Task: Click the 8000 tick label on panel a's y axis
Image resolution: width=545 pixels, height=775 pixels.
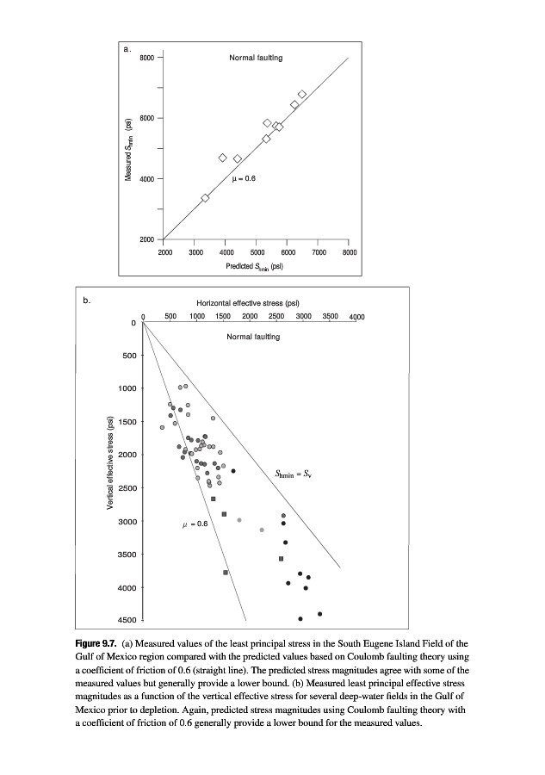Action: pyautogui.click(x=146, y=57)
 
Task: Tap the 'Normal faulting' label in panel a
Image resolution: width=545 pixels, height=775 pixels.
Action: pyautogui.click(x=256, y=58)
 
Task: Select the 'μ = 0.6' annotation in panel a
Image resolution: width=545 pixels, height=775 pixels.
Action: pyautogui.click(x=244, y=178)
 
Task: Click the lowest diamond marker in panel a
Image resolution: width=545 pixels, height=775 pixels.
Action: pyautogui.click(x=205, y=198)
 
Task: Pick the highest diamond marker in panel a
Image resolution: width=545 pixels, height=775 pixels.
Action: pyautogui.click(x=302, y=95)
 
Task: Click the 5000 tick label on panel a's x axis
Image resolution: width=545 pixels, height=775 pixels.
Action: pyautogui.click(x=257, y=253)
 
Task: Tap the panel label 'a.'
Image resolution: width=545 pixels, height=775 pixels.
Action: pyautogui.click(x=127, y=50)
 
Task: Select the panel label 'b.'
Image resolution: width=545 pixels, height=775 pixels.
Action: pyautogui.click(x=86, y=301)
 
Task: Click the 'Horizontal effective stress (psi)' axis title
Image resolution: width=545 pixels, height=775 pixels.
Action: pyautogui.click(x=248, y=304)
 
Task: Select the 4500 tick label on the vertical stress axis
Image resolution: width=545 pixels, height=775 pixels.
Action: pyautogui.click(x=126, y=621)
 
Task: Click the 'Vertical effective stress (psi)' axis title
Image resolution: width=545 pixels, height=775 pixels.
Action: pyautogui.click(x=109, y=462)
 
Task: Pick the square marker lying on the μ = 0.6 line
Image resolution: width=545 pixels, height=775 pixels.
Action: pyautogui.click(x=226, y=572)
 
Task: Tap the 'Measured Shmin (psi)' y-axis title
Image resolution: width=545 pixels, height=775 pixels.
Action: pyautogui.click(x=129, y=148)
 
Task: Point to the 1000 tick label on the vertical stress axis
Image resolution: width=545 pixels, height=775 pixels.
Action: pyautogui.click(x=126, y=388)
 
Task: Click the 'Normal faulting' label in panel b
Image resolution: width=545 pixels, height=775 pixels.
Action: pyautogui.click(x=253, y=337)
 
